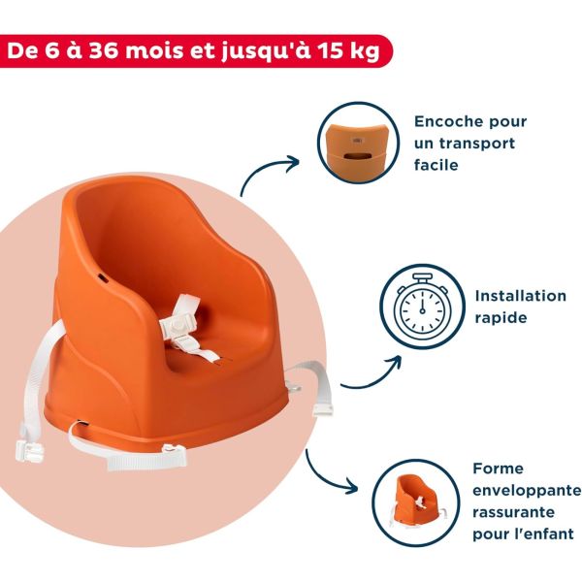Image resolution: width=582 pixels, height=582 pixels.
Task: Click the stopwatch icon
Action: [x=418, y=306]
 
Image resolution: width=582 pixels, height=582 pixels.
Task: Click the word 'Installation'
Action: [x=520, y=296]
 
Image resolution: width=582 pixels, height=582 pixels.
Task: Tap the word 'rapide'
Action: [x=501, y=317]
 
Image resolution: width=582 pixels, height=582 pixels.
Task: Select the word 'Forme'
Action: [x=498, y=469]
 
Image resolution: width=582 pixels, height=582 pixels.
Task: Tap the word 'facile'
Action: [x=436, y=165]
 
